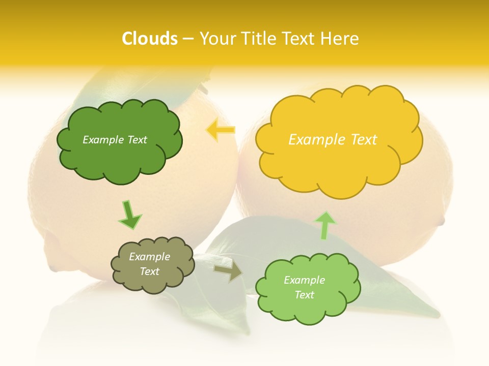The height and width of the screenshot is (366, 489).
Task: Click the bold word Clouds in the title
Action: (149, 39)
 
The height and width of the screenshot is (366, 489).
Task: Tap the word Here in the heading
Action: (341, 39)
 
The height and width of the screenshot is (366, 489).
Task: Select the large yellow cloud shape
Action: (338, 168)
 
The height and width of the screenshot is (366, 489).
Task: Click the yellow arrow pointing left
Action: (221, 130)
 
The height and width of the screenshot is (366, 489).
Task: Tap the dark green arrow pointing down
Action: (129, 215)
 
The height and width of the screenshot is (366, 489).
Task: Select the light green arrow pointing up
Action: (325, 225)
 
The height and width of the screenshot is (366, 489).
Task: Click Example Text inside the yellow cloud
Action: (333, 140)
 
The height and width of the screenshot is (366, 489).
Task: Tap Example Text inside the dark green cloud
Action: (115, 140)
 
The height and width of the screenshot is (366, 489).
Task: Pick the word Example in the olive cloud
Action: (149, 257)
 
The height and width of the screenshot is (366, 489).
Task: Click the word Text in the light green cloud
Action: (304, 295)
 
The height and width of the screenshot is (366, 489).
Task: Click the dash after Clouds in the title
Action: (187, 39)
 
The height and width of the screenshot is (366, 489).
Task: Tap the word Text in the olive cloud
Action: (150, 271)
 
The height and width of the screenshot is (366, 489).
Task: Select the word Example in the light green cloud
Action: (304, 280)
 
